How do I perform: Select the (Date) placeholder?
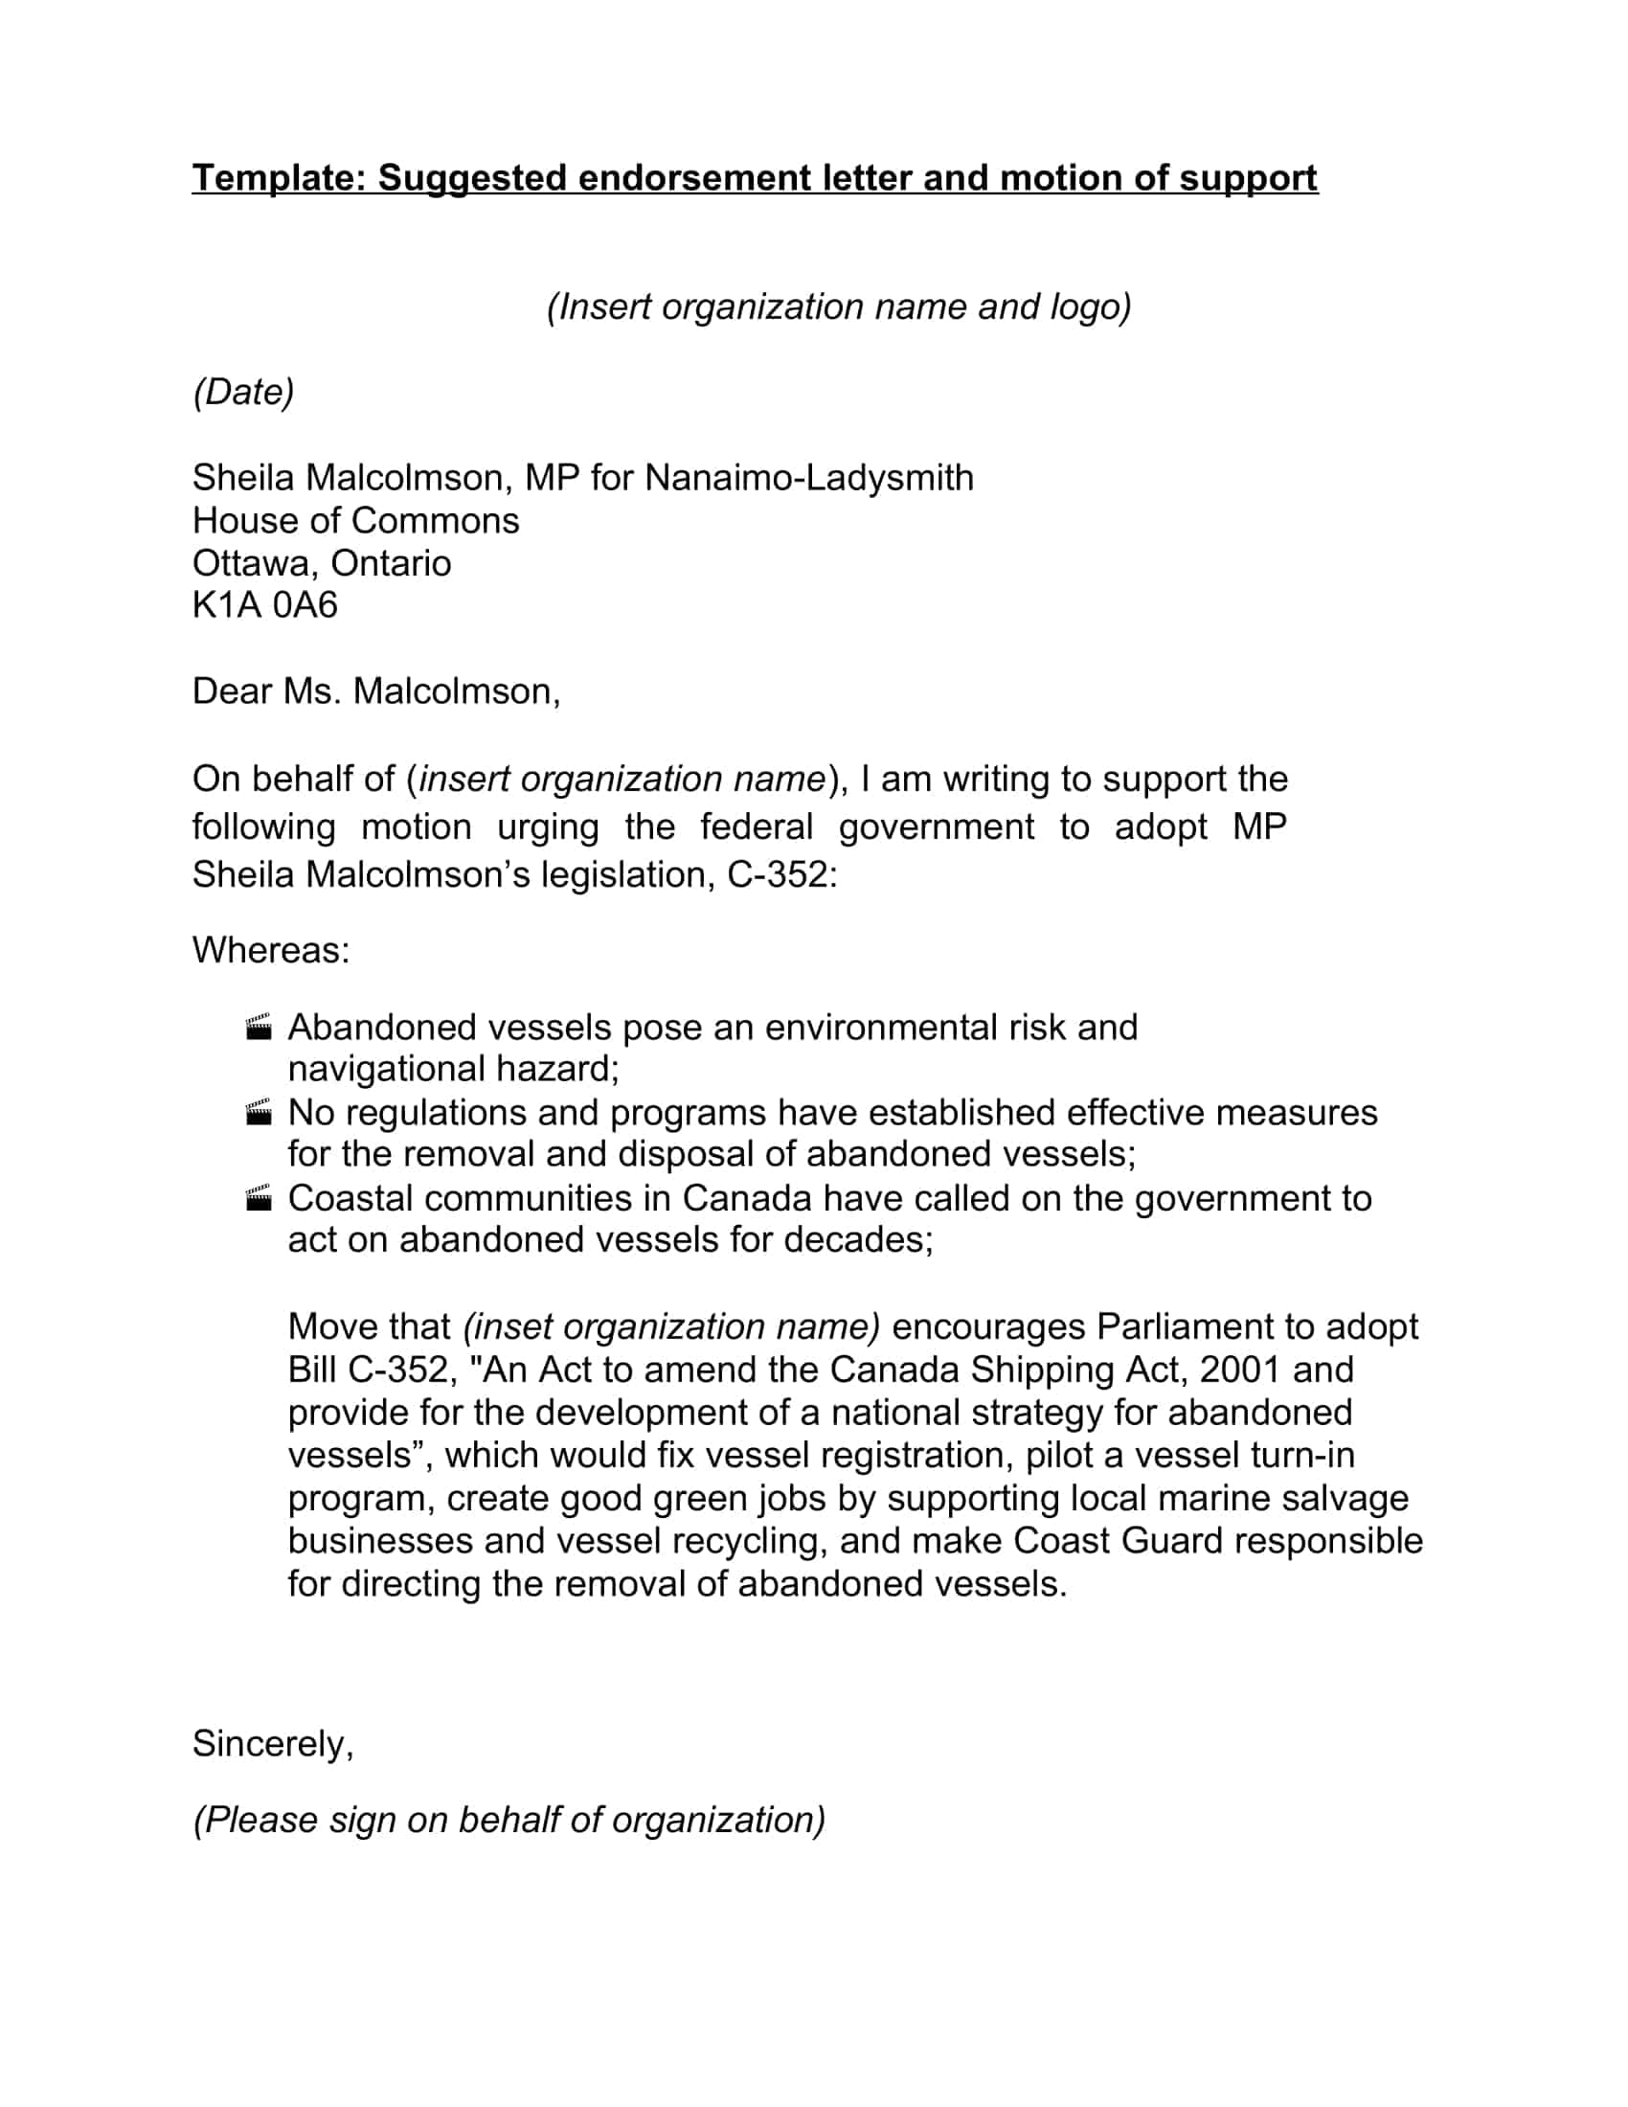point(243,392)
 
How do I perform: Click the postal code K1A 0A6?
point(264,605)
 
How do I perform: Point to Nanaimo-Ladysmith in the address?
point(808,478)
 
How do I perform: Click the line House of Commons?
point(355,521)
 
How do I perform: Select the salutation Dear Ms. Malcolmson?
point(375,691)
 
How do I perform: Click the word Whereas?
point(270,950)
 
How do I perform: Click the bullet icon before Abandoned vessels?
point(259,1028)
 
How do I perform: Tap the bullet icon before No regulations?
point(259,1112)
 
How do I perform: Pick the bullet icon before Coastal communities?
point(259,1198)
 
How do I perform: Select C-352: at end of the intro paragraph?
point(781,875)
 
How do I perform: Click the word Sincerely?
point(272,1744)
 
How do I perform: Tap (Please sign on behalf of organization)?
point(509,1820)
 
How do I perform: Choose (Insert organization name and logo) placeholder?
point(838,306)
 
